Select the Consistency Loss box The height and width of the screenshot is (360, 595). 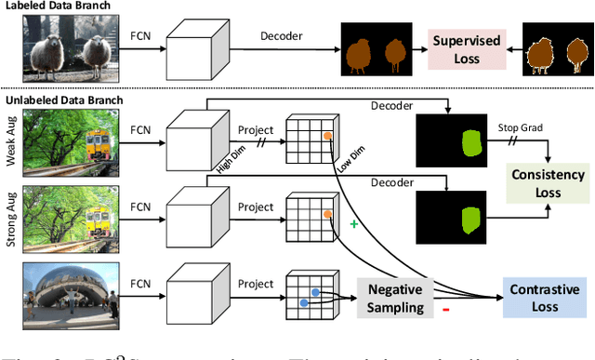click(547, 183)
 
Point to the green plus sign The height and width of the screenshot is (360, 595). click(353, 226)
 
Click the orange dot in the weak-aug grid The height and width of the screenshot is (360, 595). click(327, 135)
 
